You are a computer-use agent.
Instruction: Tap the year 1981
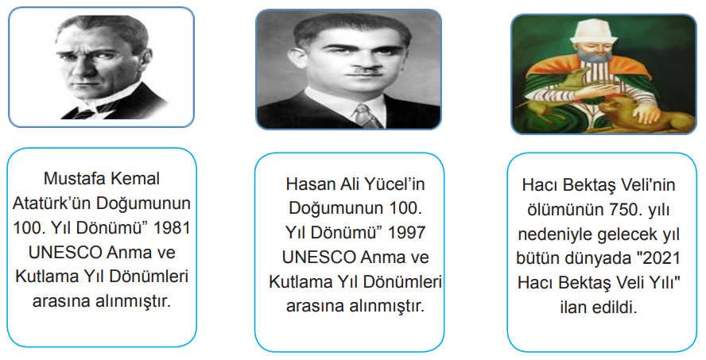point(172,228)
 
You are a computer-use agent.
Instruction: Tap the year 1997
point(407,233)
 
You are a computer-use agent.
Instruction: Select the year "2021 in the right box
point(661,259)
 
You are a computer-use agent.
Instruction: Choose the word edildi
point(619,308)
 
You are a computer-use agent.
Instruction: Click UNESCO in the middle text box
point(319,257)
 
